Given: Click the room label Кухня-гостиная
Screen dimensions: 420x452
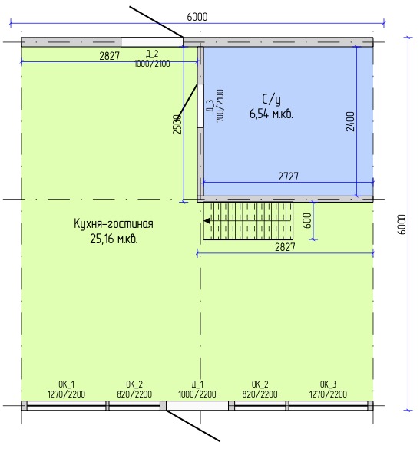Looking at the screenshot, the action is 114,224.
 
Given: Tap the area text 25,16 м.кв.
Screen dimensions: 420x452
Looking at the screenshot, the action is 114,239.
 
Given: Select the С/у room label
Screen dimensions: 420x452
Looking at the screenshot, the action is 272,100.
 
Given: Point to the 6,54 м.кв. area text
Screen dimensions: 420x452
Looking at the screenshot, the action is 272,114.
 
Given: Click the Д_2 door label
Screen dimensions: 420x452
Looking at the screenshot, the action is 152,54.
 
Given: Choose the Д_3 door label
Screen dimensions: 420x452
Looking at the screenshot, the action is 210,105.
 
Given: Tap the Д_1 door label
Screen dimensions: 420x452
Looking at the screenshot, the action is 197,384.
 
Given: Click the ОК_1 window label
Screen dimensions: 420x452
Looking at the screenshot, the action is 66,384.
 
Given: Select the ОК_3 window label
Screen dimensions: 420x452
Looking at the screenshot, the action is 328,384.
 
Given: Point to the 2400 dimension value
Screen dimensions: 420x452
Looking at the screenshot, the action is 350,121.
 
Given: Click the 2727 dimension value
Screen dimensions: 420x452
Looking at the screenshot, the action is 289,177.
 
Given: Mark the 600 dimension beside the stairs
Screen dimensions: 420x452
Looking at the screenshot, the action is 308,221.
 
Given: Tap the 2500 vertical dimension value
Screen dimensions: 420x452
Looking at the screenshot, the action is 177,124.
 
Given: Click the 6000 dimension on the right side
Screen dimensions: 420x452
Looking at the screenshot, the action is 402,225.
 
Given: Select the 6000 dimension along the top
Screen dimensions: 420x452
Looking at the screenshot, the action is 197,17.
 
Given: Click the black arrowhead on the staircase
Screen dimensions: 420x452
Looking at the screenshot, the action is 207,221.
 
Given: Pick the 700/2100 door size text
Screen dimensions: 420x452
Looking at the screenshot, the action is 220,105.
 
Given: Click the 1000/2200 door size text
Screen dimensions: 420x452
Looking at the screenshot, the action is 197,394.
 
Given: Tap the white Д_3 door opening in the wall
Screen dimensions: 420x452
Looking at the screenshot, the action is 200,105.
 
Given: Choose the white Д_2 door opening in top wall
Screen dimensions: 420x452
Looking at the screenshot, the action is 152,42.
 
